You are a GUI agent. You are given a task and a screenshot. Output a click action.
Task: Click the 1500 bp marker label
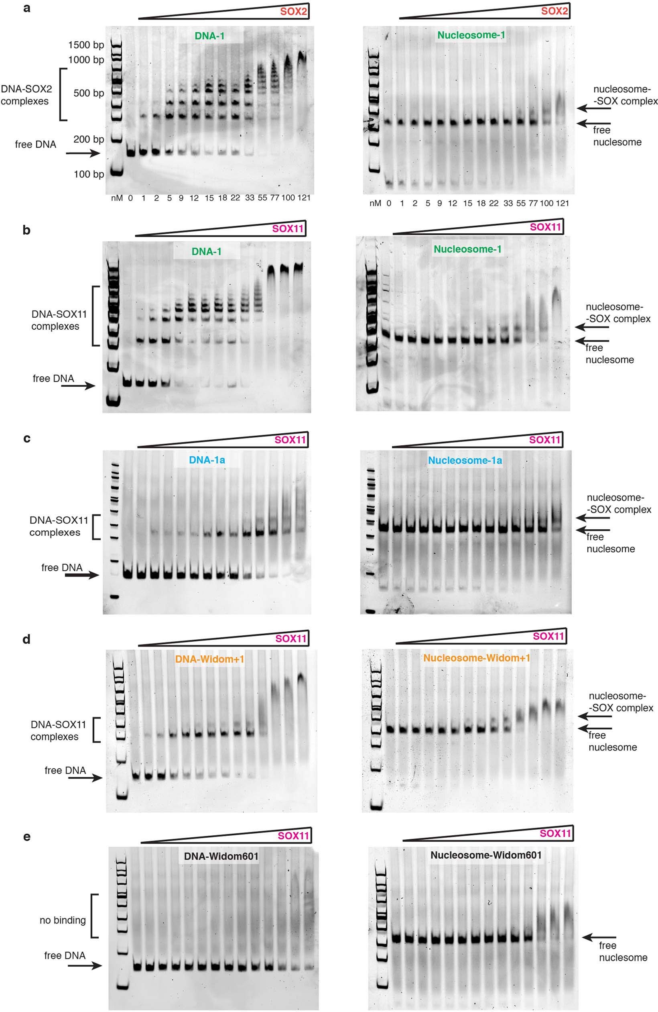[86, 45]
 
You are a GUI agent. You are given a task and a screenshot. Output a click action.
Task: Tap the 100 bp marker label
[89, 174]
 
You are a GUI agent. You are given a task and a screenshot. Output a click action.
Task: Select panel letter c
[26, 439]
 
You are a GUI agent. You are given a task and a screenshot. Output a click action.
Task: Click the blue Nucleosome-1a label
[465, 460]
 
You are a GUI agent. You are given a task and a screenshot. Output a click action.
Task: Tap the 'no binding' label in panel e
[63, 920]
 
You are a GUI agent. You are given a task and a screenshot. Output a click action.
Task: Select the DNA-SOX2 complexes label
[24, 95]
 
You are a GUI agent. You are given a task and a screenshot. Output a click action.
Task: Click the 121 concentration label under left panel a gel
[304, 198]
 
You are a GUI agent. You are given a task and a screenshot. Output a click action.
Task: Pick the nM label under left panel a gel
[116, 198]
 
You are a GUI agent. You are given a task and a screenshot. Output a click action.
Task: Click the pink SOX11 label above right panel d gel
[548, 637]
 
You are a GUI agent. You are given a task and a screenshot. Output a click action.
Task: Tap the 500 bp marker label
[89, 93]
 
